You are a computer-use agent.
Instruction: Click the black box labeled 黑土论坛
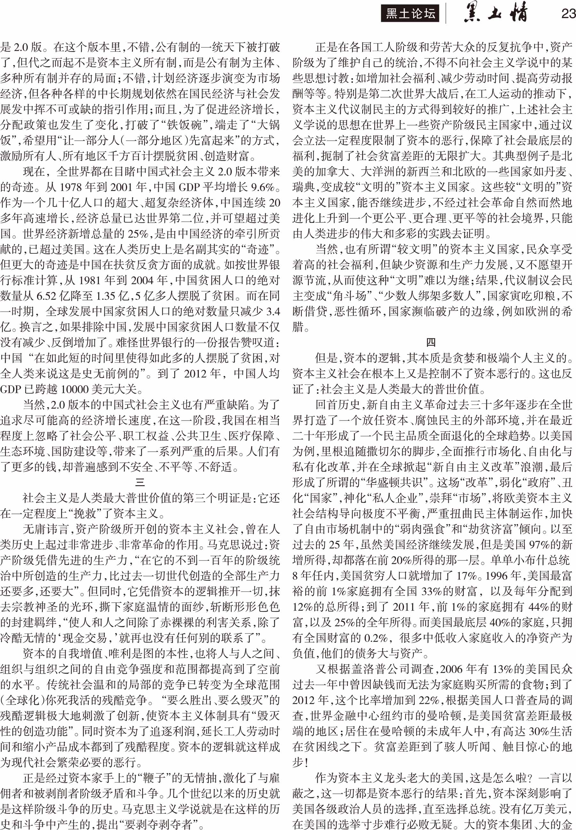click(x=410, y=14)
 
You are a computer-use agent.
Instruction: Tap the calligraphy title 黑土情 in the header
click(x=495, y=13)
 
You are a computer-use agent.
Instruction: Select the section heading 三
click(x=140, y=482)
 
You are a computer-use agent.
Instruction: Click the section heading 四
click(x=431, y=342)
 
